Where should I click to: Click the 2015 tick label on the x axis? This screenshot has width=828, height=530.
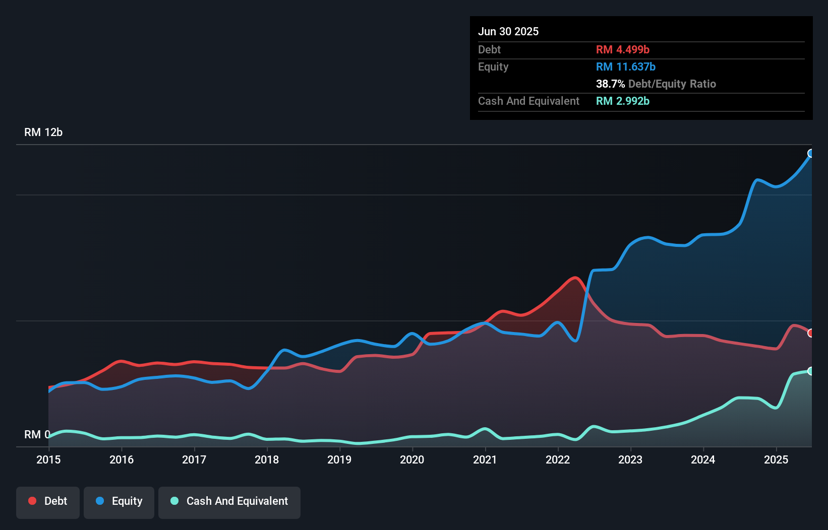[48, 459]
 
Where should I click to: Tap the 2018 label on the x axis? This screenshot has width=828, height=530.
[267, 459]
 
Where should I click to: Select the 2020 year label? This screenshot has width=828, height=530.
[412, 459]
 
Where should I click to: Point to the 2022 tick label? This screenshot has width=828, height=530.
[558, 459]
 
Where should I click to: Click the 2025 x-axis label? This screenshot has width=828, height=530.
[776, 459]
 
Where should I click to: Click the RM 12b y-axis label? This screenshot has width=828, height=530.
[43, 132]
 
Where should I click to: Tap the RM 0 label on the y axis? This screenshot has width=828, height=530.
[37, 434]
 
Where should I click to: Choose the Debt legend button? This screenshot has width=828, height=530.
[48, 501]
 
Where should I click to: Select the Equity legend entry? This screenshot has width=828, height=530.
[119, 501]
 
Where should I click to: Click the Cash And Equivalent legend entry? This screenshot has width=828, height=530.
[229, 501]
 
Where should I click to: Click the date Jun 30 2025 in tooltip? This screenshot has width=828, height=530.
[508, 32]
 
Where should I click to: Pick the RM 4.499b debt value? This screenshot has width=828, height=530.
[622, 50]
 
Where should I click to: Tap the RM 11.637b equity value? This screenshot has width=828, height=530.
[625, 67]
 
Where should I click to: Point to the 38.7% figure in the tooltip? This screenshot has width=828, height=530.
[610, 84]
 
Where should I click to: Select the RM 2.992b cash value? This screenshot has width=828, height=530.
[622, 101]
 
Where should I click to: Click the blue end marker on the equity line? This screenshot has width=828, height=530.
[811, 153]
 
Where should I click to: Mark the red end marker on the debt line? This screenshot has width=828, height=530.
[811, 333]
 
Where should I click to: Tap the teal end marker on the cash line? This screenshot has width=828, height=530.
[811, 371]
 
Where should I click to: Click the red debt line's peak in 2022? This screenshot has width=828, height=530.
[574, 278]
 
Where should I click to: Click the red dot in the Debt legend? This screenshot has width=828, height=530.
[32, 501]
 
